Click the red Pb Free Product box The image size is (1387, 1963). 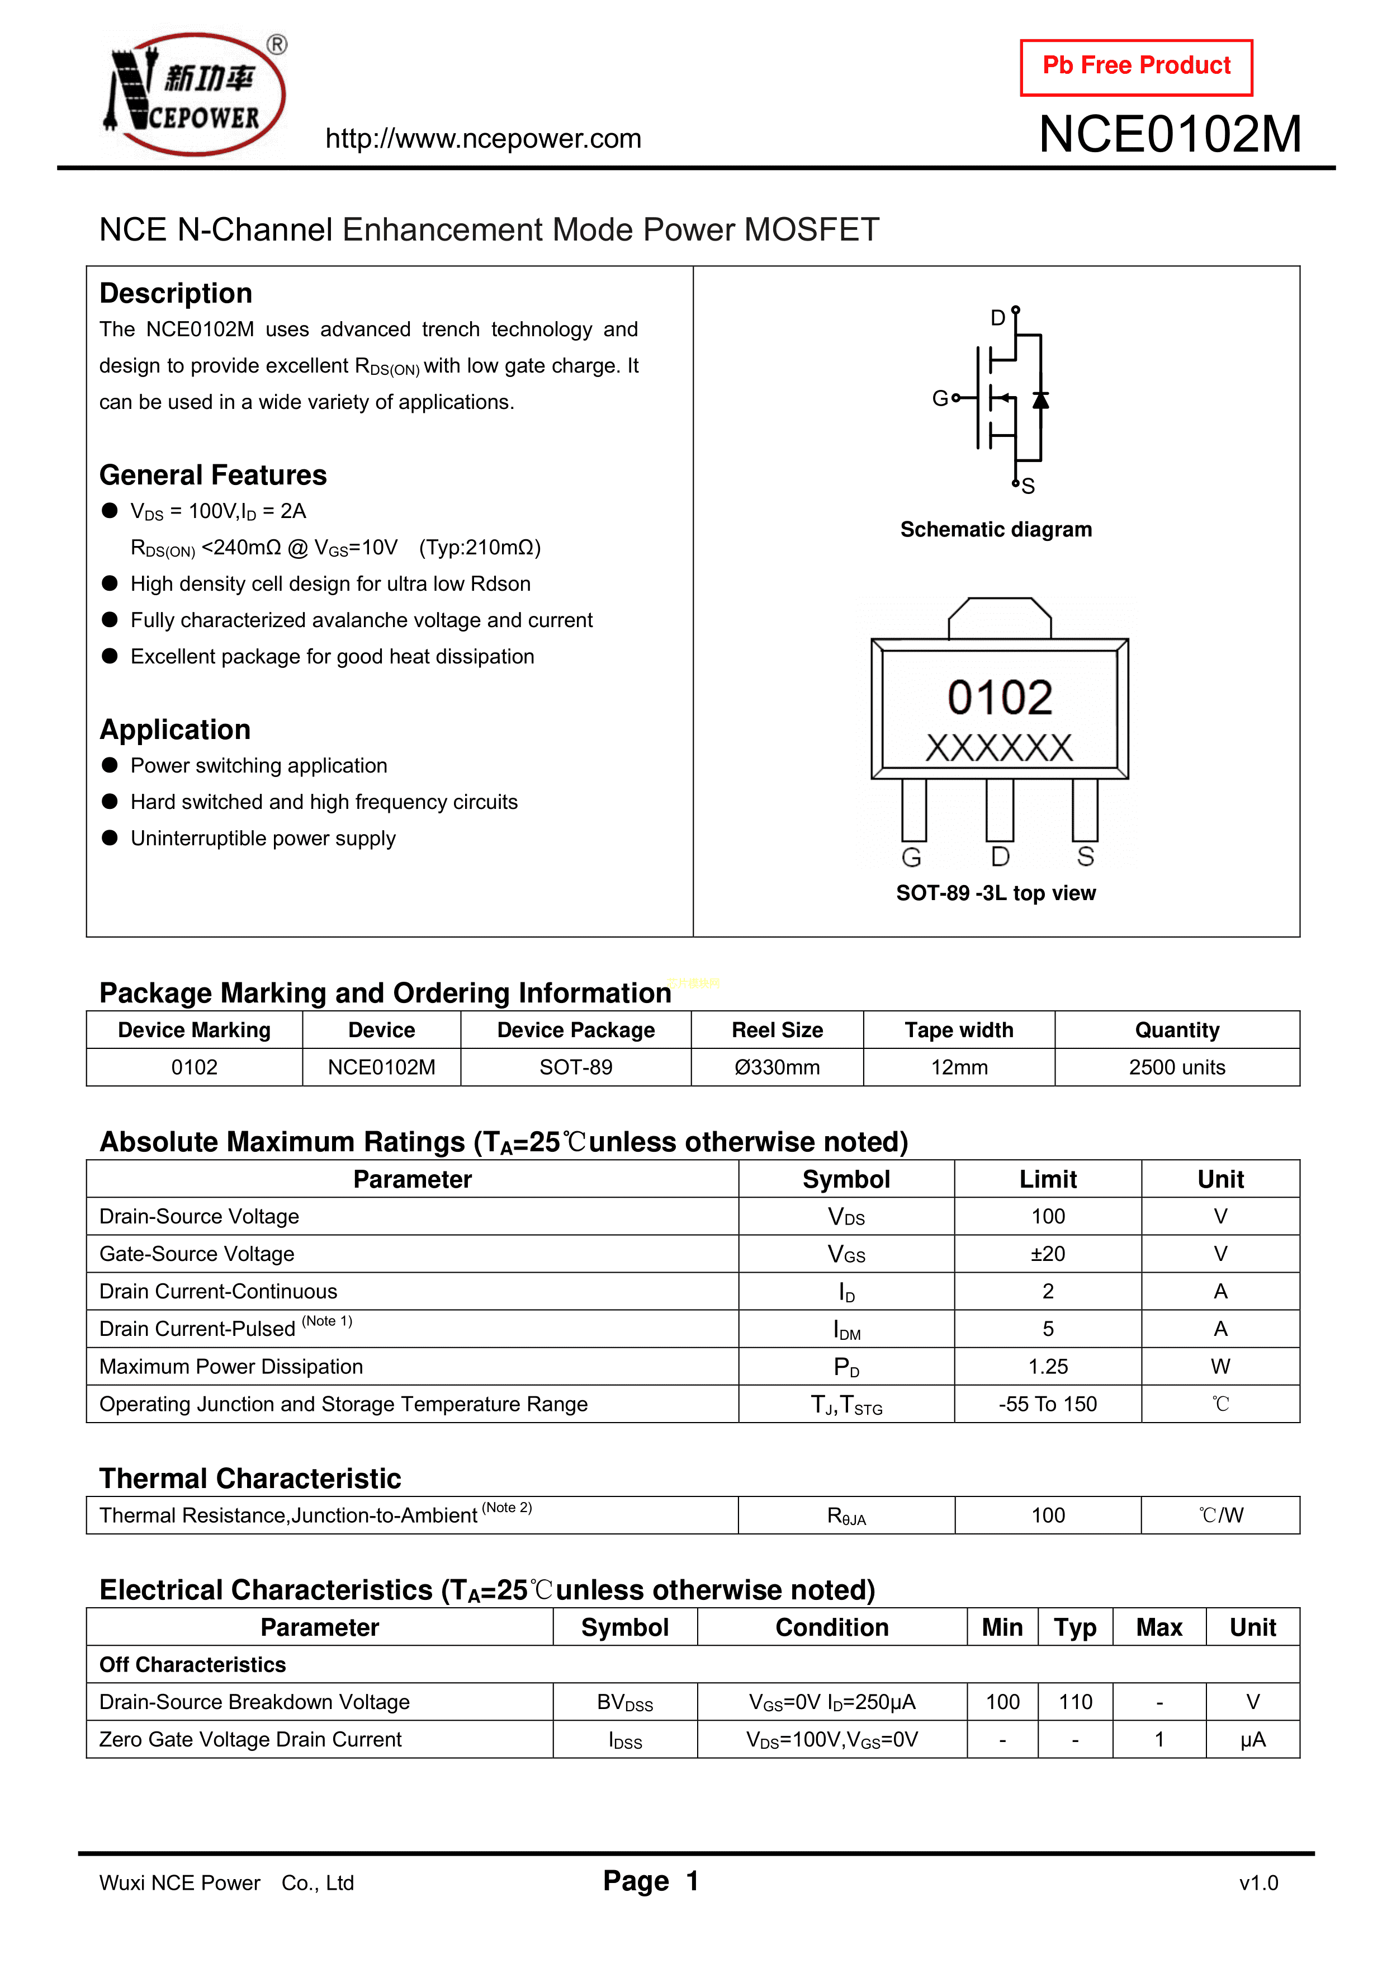coord(1136,67)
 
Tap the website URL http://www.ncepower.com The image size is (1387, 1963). coord(483,139)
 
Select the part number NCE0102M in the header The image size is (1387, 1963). coord(1170,134)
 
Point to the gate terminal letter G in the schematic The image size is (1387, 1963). coord(939,398)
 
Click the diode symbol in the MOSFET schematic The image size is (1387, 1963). coord(1040,400)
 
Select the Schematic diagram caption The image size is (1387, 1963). coord(996,530)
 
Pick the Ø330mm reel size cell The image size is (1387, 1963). coord(777,1068)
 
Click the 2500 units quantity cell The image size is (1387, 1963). coord(1177,1068)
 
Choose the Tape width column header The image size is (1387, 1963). coord(959,1030)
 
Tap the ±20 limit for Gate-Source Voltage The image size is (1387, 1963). coord(1048,1254)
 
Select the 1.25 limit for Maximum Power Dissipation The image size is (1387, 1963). coord(1048,1367)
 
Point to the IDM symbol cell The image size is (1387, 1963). coord(846,1330)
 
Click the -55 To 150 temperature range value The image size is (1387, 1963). coord(1048,1405)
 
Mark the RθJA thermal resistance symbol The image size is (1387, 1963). coord(846,1517)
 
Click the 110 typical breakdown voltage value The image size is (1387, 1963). coord(1075,1702)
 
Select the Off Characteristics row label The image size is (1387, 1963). coord(192,1665)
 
